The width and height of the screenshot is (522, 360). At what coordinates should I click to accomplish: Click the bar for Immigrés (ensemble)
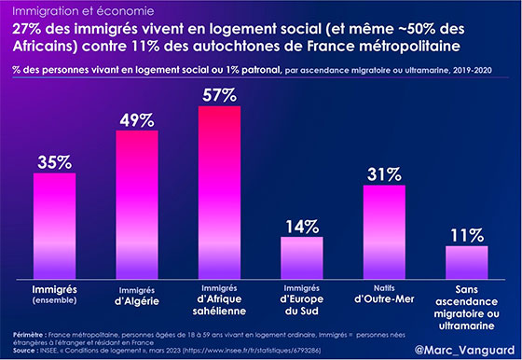tap(55, 226)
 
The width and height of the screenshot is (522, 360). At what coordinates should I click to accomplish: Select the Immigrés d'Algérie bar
tap(137, 204)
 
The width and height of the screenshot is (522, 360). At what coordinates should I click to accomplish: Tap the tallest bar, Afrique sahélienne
tap(219, 192)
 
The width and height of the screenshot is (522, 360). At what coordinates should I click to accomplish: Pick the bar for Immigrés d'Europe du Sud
tap(302, 257)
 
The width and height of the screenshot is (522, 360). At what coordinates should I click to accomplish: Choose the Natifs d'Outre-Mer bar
tap(384, 232)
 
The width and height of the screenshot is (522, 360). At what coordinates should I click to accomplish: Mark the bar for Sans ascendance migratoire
tap(467, 262)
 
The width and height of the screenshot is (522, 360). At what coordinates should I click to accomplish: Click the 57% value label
tap(219, 95)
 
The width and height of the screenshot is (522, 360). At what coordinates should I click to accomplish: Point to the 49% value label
tap(137, 120)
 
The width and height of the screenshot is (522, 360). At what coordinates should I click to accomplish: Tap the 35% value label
tap(55, 162)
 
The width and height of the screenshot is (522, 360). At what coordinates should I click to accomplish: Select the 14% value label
tap(302, 227)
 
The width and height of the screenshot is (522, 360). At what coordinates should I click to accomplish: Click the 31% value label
tap(384, 174)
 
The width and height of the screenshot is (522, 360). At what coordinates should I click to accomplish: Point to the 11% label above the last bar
tap(467, 235)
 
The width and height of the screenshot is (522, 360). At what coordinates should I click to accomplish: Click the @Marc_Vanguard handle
tap(465, 350)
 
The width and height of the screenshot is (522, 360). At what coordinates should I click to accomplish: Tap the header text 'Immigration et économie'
tap(83, 11)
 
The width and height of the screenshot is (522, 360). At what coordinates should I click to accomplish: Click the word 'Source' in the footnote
tap(23, 351)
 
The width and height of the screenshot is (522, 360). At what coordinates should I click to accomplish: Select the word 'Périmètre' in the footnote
tap(28, 335)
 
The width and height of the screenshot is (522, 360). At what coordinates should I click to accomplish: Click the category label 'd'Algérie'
tap(137, 301)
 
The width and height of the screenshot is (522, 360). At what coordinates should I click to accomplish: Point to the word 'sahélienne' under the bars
tap(219, 312)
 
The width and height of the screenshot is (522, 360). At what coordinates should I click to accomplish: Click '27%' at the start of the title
tap(27, 29)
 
